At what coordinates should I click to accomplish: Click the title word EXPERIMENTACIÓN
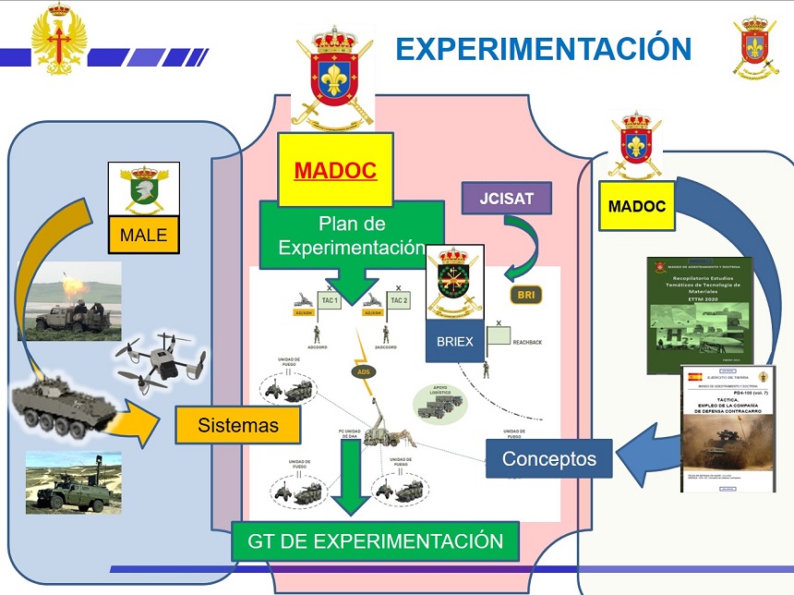pyautogui.click(x=544, y=48)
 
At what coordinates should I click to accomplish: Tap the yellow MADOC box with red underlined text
pyautogui.click(x=334, y=170)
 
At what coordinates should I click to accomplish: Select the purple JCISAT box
pyautogui.click(x=507, y=197)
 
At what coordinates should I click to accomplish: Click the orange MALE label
pyautogui.click(x=143, y=235)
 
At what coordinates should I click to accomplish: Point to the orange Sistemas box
pyautogui.click(x=237, y=425)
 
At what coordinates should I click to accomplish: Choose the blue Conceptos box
pyautogui.click(x=549, y=458)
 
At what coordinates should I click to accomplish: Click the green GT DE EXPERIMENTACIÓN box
pyautogui.click(x=375, y=541)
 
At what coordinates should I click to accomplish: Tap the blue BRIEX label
pyautogui.click(x=454, y=342)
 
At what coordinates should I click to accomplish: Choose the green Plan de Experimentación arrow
pyautogui.click(x=351, y=240)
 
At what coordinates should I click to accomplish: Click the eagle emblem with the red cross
pyautogui.click(x=59, y=38)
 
